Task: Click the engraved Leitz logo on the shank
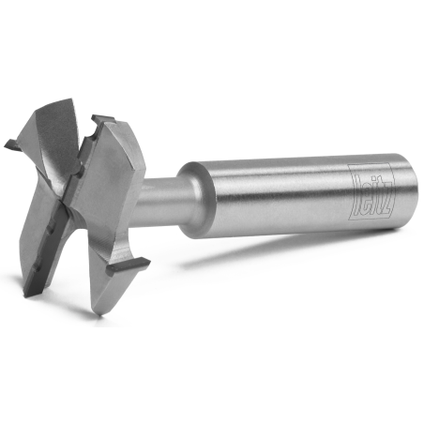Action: coord(371,191)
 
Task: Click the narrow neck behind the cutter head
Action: coord(162,200)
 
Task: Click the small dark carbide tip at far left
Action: coord(13,144)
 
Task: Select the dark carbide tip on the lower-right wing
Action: coord(129,265)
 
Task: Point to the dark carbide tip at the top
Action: coord(102,120)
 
